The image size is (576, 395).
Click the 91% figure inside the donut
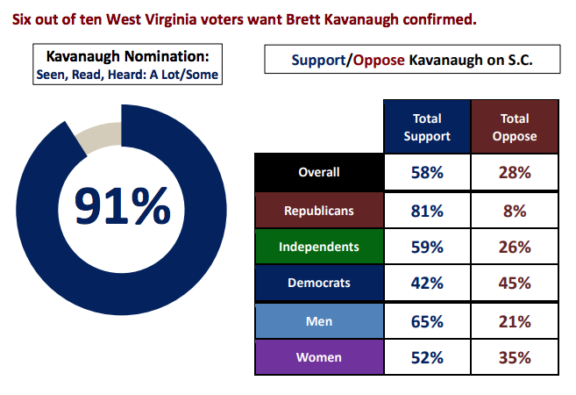[x=122, y=206]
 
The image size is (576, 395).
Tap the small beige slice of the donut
[x=99, y=134]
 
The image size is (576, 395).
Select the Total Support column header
[x=427, y=126]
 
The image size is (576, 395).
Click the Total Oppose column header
[x=515, y=126]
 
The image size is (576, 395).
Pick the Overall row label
[x=318, y=173]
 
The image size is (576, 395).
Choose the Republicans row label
[x=318, y=210]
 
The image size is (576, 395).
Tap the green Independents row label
[x=318, y=247]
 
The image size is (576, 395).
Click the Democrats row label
[x=318, y=283]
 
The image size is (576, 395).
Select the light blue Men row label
[x=318, y=320]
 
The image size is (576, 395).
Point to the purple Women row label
[x=318, y=357]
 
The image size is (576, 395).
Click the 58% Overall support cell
[x=427, y=173]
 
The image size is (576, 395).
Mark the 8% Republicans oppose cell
[x=515, y=210]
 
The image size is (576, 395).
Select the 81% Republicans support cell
[x=427, y=210]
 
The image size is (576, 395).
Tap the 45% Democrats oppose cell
[x=515, y=283]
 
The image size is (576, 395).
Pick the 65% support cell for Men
[x=427, y=320]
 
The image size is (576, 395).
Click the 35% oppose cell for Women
[x=515, y=357]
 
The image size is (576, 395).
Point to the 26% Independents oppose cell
[x=515, y=247]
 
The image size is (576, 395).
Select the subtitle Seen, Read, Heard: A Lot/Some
[x=127, y=75]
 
